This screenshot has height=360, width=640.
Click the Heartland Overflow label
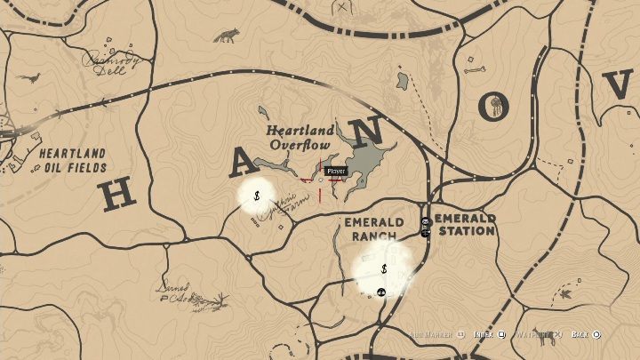point(301,138)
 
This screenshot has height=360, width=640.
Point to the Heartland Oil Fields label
point(72,160)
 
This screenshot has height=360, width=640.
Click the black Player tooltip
point(335,171)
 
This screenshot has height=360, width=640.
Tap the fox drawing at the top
point(227,36)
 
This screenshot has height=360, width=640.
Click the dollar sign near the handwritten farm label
point(256,196)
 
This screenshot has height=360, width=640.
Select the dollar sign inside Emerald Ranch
point(383,268)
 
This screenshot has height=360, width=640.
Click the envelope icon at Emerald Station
point(426,221)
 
